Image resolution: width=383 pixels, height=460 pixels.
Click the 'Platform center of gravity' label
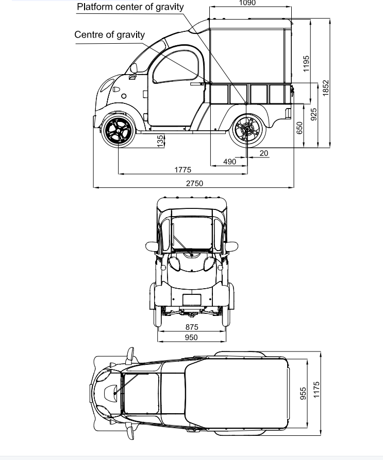130,7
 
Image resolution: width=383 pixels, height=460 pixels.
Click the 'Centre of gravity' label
109,34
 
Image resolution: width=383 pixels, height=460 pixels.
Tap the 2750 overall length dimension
194,183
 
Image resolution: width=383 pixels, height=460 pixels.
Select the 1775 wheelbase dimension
182,170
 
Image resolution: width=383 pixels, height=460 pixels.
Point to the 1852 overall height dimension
326,88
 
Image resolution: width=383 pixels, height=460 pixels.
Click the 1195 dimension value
306,64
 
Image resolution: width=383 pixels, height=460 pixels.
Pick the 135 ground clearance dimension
160,141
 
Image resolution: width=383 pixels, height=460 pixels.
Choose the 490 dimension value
229,162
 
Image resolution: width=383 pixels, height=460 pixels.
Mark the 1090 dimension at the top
247,3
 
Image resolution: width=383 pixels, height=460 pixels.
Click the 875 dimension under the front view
192,327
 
